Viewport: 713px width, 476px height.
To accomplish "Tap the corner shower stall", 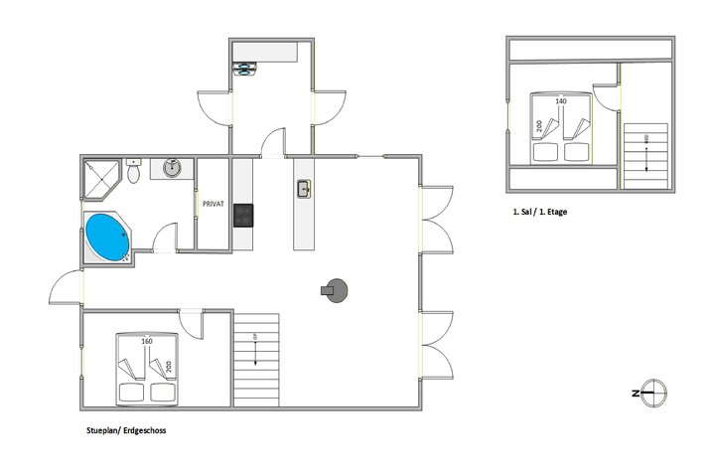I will (99, 174).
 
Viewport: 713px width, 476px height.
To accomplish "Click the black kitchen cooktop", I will (244, 214).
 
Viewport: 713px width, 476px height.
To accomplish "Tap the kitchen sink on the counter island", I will (304, 188).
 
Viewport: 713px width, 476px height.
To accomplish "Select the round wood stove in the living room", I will (337, 289).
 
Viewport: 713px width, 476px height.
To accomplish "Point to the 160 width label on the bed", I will (147, 343).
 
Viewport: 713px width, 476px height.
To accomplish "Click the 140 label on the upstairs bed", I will (561, 101).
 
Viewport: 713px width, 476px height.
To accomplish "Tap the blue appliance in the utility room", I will (244, 68).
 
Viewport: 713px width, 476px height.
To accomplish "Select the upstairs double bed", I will (560, 129).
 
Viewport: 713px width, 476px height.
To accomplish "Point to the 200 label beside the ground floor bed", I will (170, 365).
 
